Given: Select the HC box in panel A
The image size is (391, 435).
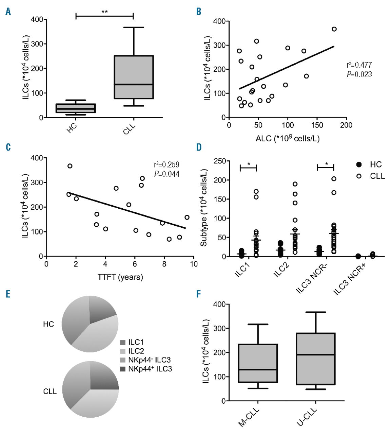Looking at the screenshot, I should (76, 108).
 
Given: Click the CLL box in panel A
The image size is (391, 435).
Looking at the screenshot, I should (134, 77).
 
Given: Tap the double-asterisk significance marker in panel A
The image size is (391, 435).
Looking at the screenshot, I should (104, 12).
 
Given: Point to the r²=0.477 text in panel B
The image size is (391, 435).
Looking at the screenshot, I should (359, 65).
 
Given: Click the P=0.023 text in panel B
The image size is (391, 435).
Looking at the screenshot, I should (359, 74).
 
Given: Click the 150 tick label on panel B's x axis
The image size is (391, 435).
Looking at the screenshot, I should (317, 125).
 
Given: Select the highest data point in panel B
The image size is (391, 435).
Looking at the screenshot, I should (334, 29).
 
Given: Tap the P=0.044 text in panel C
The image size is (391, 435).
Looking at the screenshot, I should (166, 174).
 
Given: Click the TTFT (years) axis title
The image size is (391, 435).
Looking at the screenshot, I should (120, 277).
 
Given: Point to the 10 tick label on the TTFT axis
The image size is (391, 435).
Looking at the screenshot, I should (193, 264).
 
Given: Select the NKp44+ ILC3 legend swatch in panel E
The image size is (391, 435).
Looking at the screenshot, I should (123, 369).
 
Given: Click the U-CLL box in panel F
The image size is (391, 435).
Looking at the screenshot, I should (316, 359).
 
